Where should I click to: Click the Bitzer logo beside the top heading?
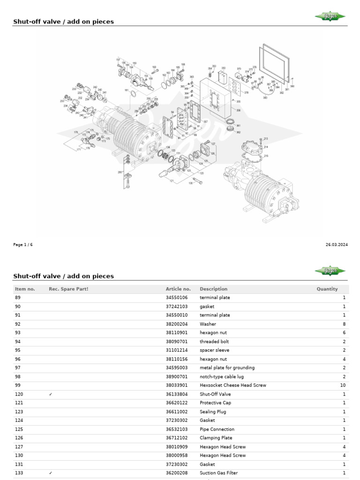coord(330,17)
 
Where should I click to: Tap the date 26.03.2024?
coord(336,245)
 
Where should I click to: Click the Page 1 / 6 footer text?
coord(23,245)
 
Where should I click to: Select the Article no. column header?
coord(178,289)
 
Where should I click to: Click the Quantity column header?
coord(327,289)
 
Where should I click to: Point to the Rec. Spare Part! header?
coord(68,289)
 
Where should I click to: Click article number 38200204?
coord(177,324)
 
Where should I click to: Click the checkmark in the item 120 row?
coord(51,394)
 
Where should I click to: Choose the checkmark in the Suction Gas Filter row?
coord(51,473)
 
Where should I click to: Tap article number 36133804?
coord(177,394)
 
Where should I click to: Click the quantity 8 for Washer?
coord(344,324)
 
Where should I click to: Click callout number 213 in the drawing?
coord(266,139)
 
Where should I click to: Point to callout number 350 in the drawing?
coord(223,68)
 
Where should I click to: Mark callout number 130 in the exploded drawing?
coord(191,183)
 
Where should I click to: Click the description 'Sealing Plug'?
coord(213,412)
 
